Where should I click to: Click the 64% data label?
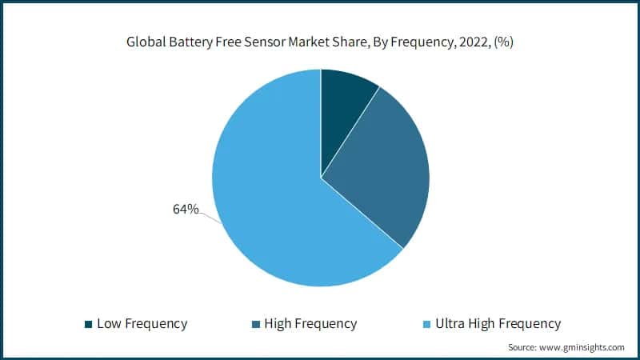tap(186, 210)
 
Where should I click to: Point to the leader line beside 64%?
tap(210, 216)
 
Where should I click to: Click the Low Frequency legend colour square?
tap(88, 324)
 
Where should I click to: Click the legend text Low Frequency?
tap(142, 324)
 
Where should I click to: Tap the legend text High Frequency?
tap(310, 324)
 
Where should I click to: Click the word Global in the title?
tap(148, 42)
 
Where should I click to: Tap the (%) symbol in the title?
tap(503, 42)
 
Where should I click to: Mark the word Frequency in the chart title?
tap(424, 42)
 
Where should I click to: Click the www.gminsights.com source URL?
tap(583, 348)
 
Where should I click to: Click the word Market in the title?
tap(318, 42)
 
